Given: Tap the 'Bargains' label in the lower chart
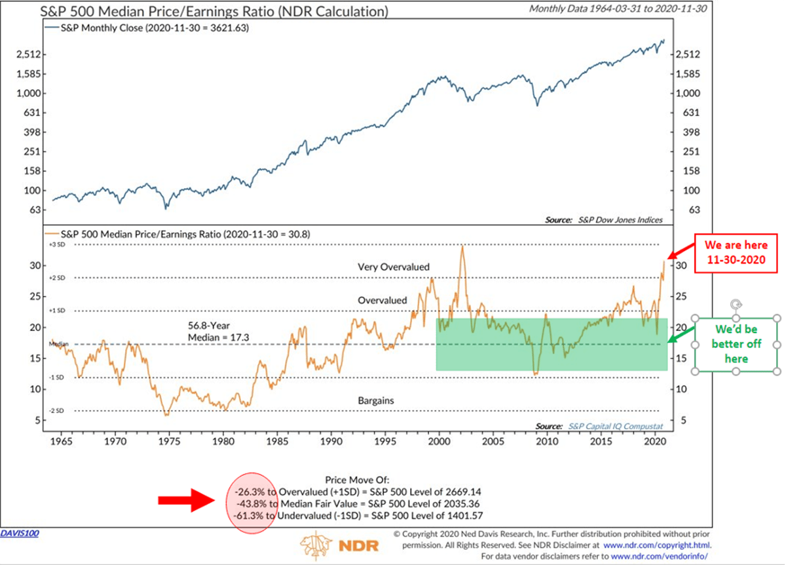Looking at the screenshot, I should pyautogui.click(x=375, y=400).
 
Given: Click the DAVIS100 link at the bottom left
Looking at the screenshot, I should pyautogui.click(x=20, y=534).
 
